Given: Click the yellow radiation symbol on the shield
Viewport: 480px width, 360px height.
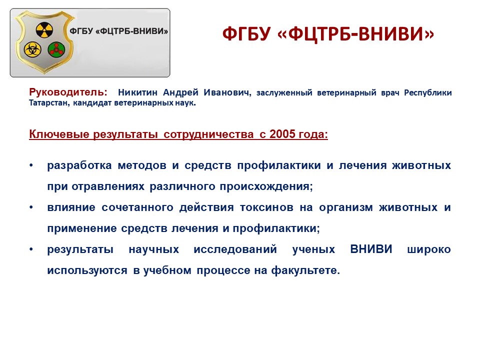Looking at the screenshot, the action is [44, 30].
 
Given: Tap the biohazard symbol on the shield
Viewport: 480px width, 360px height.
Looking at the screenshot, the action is [32, 49].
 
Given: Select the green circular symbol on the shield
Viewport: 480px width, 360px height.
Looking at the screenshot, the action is [56, 49].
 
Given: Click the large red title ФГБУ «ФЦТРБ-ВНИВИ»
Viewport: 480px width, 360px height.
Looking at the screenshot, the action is [328, 33].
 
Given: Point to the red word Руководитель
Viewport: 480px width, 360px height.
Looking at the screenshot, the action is [68, 92].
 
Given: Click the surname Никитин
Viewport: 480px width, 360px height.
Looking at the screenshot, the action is [138, 92].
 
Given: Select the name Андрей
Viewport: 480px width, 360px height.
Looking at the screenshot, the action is [180, 93].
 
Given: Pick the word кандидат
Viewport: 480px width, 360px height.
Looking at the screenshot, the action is [92, 103].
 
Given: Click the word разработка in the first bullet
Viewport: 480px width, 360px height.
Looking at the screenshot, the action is [79, 165].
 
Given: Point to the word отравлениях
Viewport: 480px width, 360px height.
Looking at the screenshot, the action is [108, 186].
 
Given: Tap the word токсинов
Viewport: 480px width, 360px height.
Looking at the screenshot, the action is [266, 207].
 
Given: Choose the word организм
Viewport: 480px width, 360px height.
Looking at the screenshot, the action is [346, 208].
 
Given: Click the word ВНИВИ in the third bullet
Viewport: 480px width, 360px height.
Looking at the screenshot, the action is [371, 249].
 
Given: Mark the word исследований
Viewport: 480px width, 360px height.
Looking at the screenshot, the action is [235, 249].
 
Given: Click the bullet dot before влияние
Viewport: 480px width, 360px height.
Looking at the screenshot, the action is [31, 207].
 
